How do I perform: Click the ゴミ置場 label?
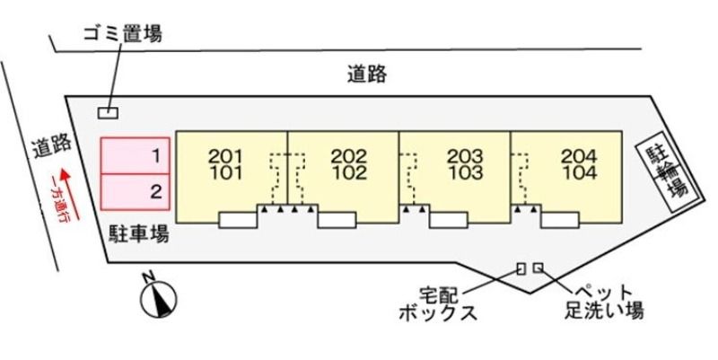click(x=123, y=33)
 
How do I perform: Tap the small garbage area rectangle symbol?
click(x=108, y=112)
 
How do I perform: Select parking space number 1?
click(x=136, y=155)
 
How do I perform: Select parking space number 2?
click(x=136, y=192)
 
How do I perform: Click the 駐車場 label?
click(x=139, y=233)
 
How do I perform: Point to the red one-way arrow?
click(x=71, y=194)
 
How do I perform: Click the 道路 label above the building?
click(x=367, y=75)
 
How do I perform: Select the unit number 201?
click(x=225, y=156)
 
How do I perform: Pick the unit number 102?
click(x=349, y=172)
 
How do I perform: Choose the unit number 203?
click(x=465, y=156)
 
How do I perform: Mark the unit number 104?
click(x=580, y=172)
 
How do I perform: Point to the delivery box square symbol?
click(x=521, y=268)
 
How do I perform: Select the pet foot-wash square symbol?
click(x=538, y=268)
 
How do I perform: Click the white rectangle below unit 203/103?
click(x=449, y=220)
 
